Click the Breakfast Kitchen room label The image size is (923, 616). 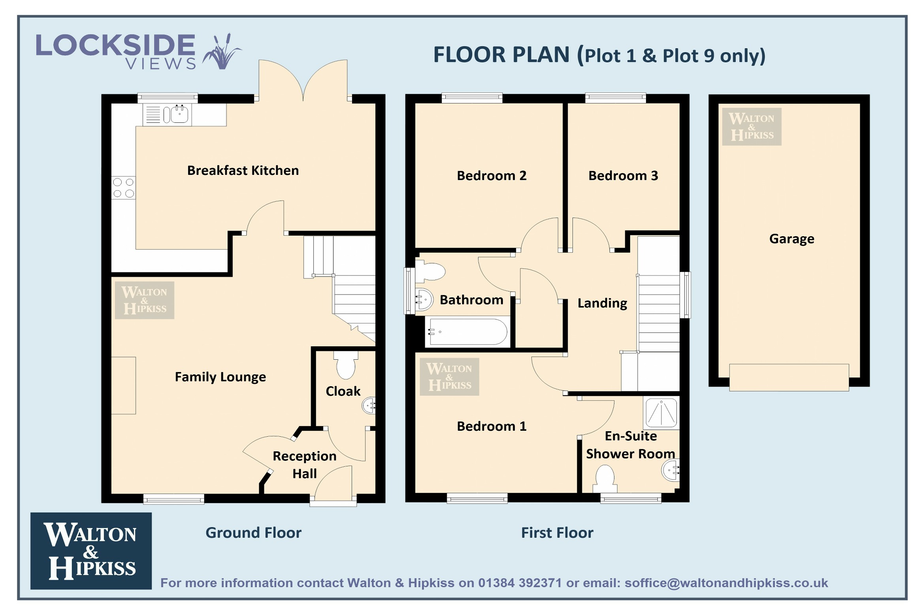[243, 171]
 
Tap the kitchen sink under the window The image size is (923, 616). [168, 115]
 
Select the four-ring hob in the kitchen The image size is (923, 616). [123, 188]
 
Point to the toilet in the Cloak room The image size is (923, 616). [346, 364]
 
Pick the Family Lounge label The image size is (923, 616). [220, 377]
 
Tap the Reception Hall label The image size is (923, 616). [305, 465]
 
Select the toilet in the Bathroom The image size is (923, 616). [430, 271]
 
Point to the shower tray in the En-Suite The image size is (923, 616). [661, 413]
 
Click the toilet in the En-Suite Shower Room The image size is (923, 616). [604, 479]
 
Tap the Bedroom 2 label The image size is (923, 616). [492, 176]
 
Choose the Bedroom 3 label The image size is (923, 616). [623, 176]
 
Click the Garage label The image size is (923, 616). [791, 239]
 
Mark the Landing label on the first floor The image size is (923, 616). [602, 303]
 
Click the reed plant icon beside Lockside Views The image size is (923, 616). [221, 52]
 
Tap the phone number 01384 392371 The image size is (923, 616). [520, 583]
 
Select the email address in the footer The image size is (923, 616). [726, 583]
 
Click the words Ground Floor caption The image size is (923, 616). [253, 533]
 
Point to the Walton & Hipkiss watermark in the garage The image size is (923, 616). [752, 127]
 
